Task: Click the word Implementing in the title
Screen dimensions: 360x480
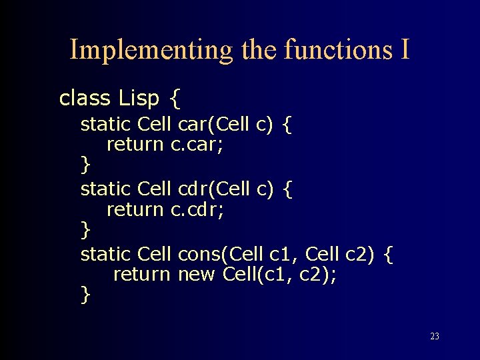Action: tap(151, 49)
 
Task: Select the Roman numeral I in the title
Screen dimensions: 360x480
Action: tap(405, 49)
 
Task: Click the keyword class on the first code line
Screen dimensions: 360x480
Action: tap(85, 99)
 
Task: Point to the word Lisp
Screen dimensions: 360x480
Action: tap(139, 99)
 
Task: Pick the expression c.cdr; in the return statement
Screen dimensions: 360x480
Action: tap(197, 209)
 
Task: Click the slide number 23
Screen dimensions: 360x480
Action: tap(435, 337)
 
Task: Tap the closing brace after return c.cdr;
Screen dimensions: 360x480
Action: tap(85, 229)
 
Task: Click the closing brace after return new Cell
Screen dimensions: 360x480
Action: tap(85, 293)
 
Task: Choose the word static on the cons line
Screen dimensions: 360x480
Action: tap(105, 254)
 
